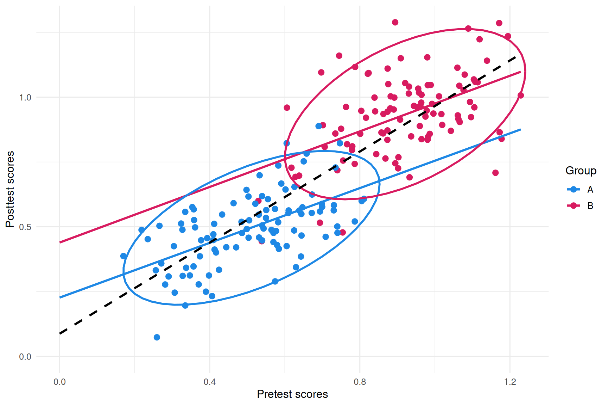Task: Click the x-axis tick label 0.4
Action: [x=210, y=382]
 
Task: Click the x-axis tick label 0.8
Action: [x=360, y=382]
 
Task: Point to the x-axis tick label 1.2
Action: [x=510, y=382]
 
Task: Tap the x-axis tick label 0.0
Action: [x=59, y=382]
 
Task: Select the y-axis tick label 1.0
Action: [x=25, y=97]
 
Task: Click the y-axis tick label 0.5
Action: [x=25, y=227]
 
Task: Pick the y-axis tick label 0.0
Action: [x=25, y=357]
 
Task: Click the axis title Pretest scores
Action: [x=292, y=394]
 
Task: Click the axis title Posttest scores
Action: [x=10, y=189]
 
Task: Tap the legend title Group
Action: [x=581, y=171]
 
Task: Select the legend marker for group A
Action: [x=574, y=189]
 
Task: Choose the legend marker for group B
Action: [x=574, y=205]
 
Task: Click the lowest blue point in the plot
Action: [x=157, y=337]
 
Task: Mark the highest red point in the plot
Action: [x=395, y=22]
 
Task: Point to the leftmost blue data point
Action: [x=123, y=256]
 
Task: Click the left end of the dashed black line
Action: [x=60, y=333]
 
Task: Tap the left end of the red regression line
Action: [x=60, y=242]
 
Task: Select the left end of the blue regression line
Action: [x=60, y=297]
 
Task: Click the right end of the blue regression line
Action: [x=520, y=130]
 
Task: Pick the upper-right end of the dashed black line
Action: [x=516, y=56]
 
